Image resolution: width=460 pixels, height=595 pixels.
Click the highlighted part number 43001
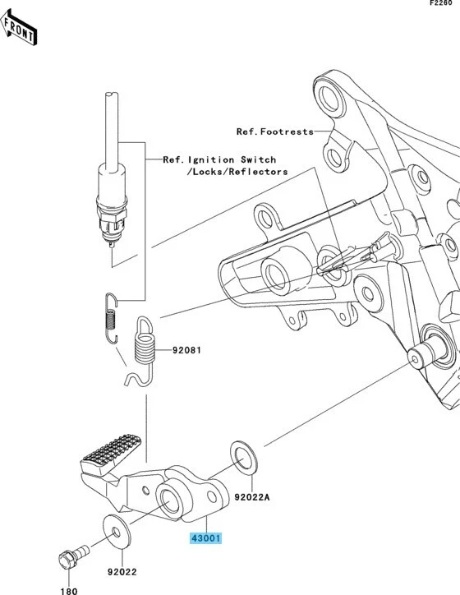[205, 539]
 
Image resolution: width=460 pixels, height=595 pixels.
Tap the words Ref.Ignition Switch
[219, 159]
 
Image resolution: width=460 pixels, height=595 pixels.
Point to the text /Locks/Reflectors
[237, 172]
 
